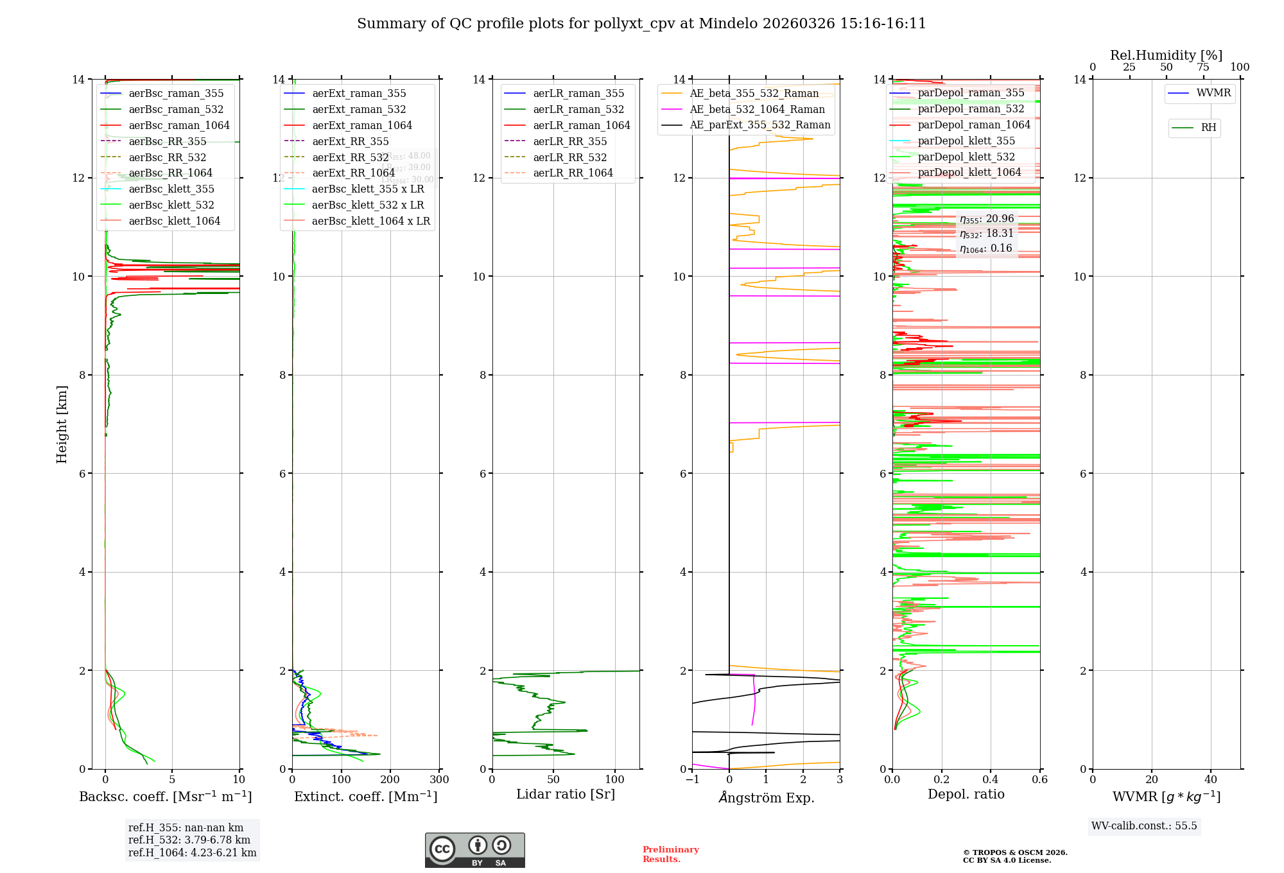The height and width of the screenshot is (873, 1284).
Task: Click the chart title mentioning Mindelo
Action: click(x=641, y=24)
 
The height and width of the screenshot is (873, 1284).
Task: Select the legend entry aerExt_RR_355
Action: click(x=350, y=142)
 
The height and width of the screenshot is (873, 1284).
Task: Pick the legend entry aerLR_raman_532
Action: click(x=578, y=110)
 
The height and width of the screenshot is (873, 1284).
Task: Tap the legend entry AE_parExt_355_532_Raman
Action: click(x=759, y=125)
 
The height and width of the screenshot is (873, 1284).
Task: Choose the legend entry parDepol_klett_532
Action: click(x=966, y=157)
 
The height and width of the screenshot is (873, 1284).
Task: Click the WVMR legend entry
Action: click(x=1213, y=93)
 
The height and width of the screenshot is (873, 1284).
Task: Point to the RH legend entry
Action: click(x=1208, y=128)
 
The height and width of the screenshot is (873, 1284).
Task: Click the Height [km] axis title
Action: click(x=62, y=424)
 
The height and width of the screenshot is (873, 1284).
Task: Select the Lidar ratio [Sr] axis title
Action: click(x=566, y=795)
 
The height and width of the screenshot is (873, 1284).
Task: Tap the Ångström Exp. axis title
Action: click(x=766, y=798)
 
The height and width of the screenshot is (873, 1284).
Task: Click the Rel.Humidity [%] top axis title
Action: click(x=1166, y=55)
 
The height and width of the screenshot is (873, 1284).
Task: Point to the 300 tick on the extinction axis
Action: click(x=439, y=780)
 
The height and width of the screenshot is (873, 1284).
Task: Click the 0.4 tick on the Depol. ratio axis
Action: click(x=991, y=780)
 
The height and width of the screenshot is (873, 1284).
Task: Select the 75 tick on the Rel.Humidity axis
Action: click(x=1203, y=67)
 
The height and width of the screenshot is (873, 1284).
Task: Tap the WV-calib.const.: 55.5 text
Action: click(x=1144, y=826)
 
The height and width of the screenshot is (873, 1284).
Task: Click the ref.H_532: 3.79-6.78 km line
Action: click(x=189, y=840)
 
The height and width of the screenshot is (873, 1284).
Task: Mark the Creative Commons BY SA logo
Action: click(x=474, y=851)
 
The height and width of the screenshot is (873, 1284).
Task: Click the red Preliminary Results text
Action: click(x=670, y=854)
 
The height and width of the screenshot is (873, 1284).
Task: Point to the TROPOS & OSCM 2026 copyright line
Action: click(x=1015, y=853)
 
